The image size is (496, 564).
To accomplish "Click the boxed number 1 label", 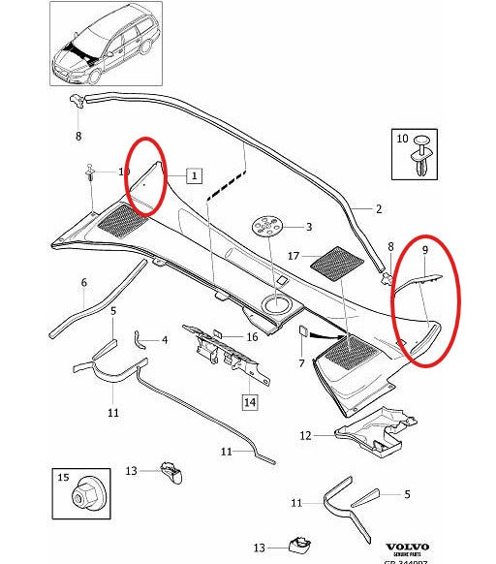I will tap(194, 175).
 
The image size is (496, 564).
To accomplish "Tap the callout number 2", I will tap(379, 208).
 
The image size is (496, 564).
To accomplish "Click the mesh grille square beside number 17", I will tap(332, 262).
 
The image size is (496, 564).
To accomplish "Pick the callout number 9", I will tap(422, 249).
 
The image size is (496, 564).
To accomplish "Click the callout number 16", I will tap(252, 337).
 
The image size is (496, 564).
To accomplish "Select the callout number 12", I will tap(305, 436).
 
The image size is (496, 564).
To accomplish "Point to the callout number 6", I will tap(83, 283).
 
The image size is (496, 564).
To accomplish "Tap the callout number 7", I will tap(301, 363).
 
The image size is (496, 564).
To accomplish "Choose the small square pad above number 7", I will tap(302, 331).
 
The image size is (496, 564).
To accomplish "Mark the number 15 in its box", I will tap(65, 478).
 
